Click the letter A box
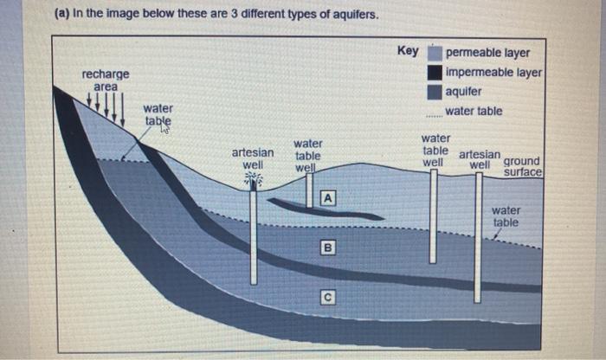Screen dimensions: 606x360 pos(328,197)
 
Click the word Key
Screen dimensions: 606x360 pos(408,50)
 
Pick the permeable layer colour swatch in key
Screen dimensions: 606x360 pos(435,53)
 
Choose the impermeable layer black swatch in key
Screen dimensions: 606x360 pos(435,72)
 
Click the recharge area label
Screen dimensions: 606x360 pos(106,80)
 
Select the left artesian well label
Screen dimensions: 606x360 pos(253,157)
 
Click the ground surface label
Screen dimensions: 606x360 pos(522,166)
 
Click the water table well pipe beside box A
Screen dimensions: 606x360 pos(310,188)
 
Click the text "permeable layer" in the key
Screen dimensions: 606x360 pos(488,53)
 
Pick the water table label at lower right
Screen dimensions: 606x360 pos(506,215)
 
